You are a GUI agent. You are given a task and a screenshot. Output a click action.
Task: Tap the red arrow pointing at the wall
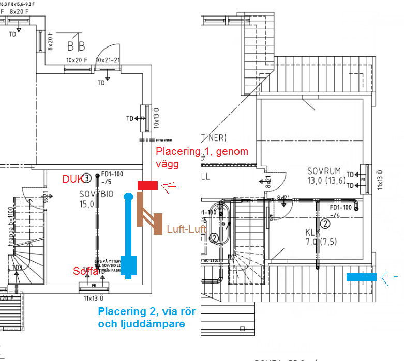pos(170,186)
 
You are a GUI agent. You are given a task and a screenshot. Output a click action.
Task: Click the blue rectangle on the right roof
pos(362,277)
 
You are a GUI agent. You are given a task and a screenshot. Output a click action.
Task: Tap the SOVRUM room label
pos(324,171)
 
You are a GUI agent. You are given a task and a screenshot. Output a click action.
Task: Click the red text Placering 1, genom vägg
pos(202,157)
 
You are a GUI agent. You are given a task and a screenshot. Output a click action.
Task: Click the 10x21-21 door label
pos(108,61)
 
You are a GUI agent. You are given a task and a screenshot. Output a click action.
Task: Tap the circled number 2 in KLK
pos(325,224)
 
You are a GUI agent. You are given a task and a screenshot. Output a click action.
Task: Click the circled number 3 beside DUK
pos(87,178)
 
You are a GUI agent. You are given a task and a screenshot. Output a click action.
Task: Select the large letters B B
pos(76,47)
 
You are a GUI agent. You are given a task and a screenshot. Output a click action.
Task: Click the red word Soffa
pos(85,271)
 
